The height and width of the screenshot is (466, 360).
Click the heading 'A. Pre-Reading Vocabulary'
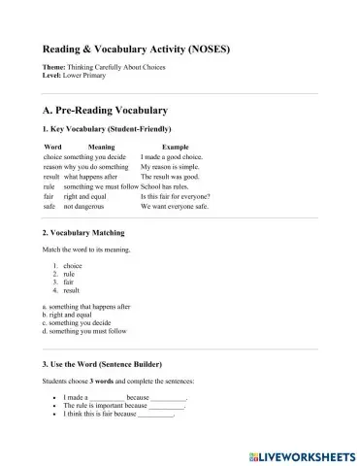(x=106, y=111)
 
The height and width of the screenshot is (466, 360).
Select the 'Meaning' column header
(x=101, y=146)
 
